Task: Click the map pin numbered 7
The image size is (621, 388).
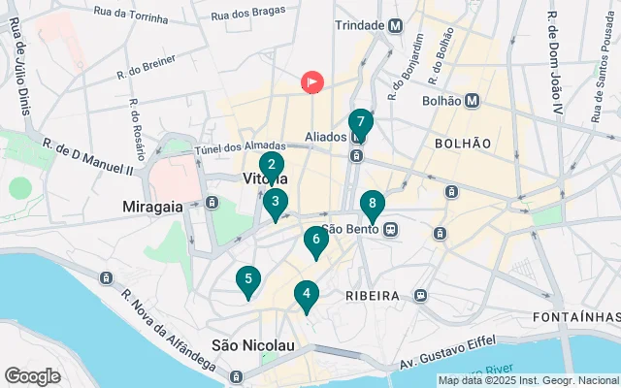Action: point(360,123)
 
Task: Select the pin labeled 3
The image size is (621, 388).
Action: point(276,203)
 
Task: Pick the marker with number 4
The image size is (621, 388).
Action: point(307,294)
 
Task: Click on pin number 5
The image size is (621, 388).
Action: point(248,280)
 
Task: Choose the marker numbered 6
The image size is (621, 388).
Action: point(316,240)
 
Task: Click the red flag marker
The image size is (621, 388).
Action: point(312,82)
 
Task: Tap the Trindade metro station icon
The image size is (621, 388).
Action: point(395,26)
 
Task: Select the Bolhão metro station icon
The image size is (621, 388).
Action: point(472,100)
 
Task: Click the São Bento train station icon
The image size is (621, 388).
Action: point(390,230)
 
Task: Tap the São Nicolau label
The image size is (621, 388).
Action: point(252,345)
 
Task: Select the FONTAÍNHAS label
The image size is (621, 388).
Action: point(576,317)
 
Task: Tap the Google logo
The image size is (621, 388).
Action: point(32,376)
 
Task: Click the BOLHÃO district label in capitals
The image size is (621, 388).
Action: point(463,143)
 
